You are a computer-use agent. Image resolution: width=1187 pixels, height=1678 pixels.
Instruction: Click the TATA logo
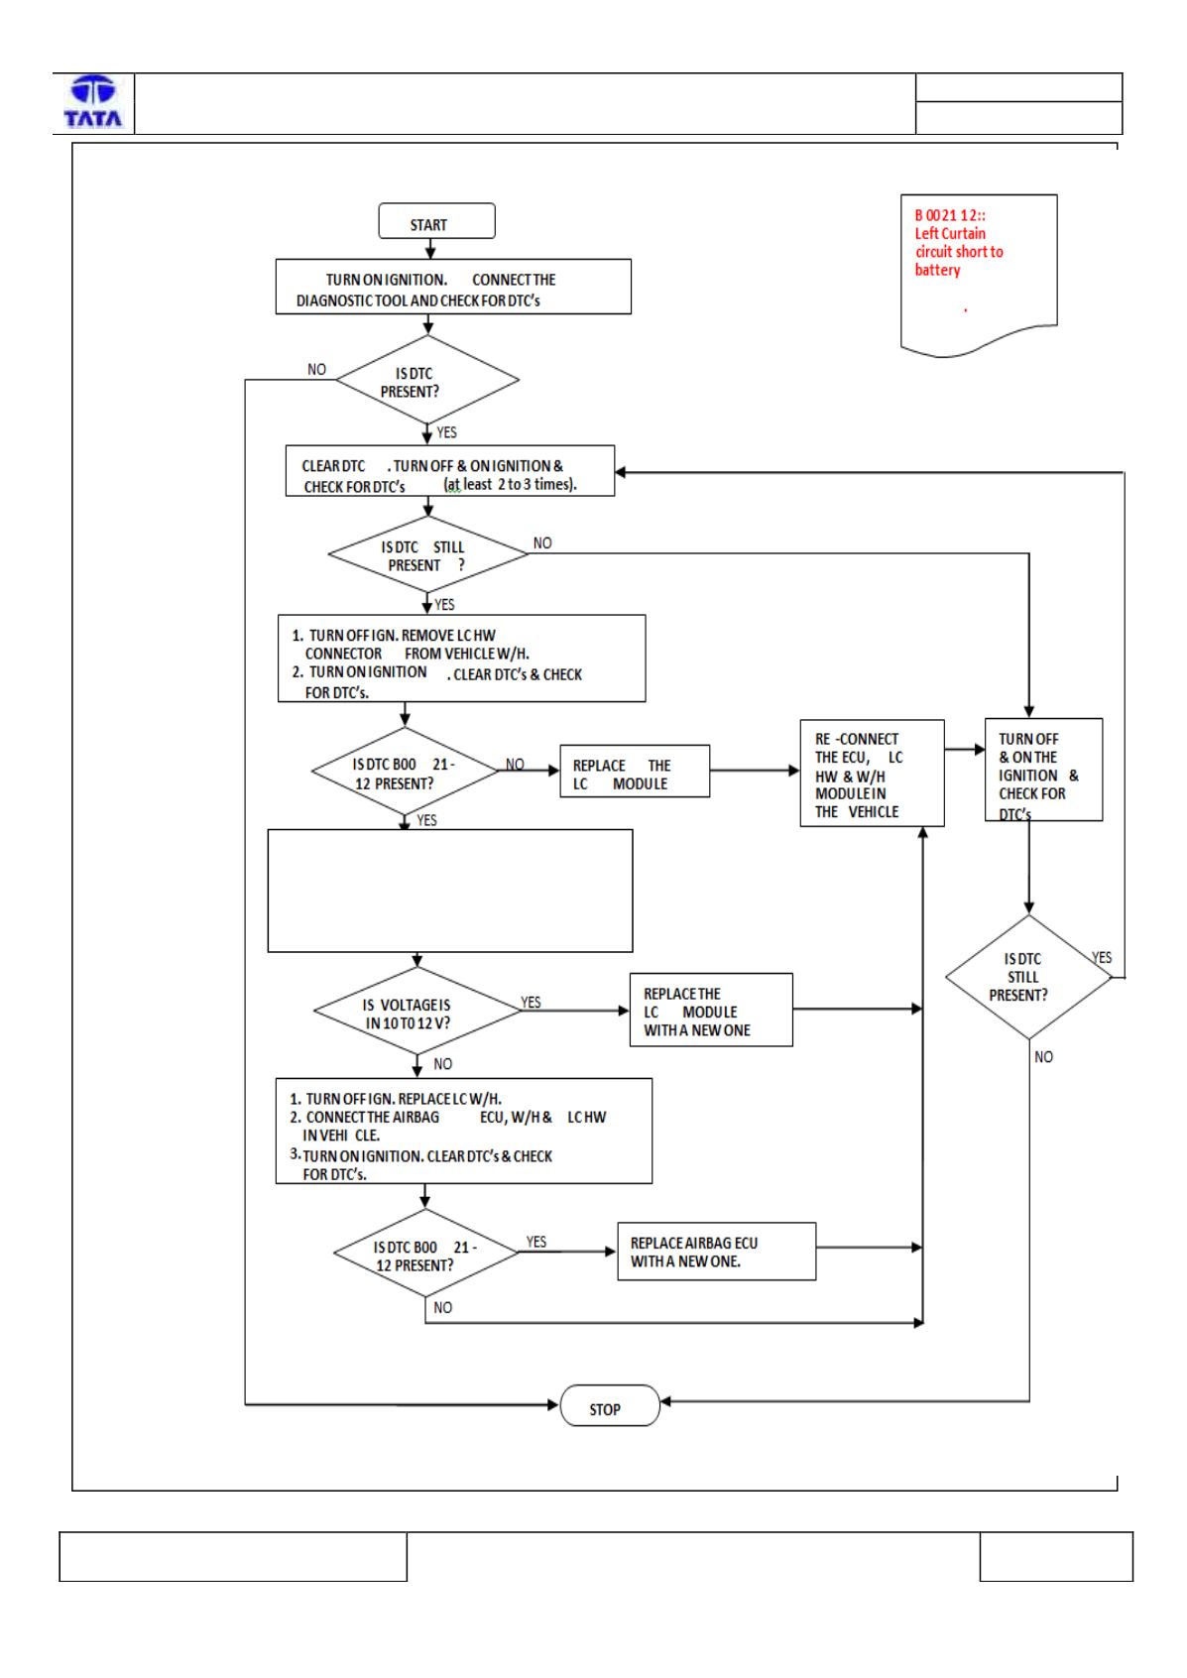click(93, 102)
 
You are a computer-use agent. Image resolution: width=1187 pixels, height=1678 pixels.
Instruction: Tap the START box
click(436, 221)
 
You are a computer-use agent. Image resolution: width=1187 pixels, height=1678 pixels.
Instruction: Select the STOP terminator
click(610, 1405)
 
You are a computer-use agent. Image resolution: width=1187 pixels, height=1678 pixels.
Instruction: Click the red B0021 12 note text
click(958, 242)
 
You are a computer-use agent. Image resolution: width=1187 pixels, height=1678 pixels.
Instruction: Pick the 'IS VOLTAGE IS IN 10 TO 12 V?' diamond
click(417, 1011)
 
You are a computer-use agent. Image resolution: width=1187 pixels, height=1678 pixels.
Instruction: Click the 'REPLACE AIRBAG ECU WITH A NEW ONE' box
click(717, 1251)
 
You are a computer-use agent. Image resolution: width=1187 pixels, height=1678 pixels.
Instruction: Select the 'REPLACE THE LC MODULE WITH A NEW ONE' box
click(711, 1010)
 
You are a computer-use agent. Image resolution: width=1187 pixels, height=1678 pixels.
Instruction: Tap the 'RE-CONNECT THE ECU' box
click(872, 774)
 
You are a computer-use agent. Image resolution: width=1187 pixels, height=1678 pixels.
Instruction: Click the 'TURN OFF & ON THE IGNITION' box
click(1043, 770)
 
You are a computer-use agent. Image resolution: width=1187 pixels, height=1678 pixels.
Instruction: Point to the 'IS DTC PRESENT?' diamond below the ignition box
click(426, 380)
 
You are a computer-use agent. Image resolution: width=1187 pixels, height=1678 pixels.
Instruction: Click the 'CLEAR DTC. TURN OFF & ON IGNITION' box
click(450, 470)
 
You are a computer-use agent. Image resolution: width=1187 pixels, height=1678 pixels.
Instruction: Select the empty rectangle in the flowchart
click(450, 891)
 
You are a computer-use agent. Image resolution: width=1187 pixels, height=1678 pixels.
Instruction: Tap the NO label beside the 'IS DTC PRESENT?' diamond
click(316, 369)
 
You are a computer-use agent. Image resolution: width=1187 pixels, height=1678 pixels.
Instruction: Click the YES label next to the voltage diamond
click(531, 1002)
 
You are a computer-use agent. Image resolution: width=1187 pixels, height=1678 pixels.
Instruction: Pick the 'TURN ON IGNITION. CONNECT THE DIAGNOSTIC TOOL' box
click(453, 287)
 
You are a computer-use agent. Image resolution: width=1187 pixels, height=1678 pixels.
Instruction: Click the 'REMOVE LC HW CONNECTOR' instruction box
click(461, 659)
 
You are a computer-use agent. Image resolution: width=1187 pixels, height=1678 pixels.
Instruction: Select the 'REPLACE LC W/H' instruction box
click(463, 1132)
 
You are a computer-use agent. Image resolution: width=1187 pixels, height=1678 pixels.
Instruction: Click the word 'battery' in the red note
click(937, 270)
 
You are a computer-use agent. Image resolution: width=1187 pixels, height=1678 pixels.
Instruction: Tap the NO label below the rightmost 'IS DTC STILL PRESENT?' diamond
click(1043, 1056)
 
